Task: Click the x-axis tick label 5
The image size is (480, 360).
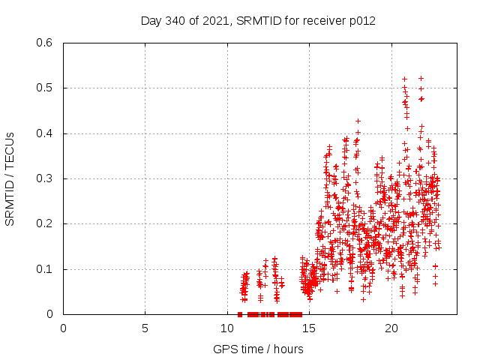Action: click(x=145, y=328)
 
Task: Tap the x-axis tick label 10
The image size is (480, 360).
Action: click(x=227, y=328)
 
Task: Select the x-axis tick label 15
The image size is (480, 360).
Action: click(x=309, y=328)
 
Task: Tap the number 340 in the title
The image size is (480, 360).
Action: click(x=175, y=20)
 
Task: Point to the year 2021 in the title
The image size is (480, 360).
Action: click(x=216, y=20)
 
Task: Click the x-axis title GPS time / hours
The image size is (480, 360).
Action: click(x=258, y=349)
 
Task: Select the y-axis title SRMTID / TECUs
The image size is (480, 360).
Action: click(x=10, y=179)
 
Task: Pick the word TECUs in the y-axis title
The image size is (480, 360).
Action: click(x=10, y=149)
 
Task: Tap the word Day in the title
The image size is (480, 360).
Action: click(x=151, y=20)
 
